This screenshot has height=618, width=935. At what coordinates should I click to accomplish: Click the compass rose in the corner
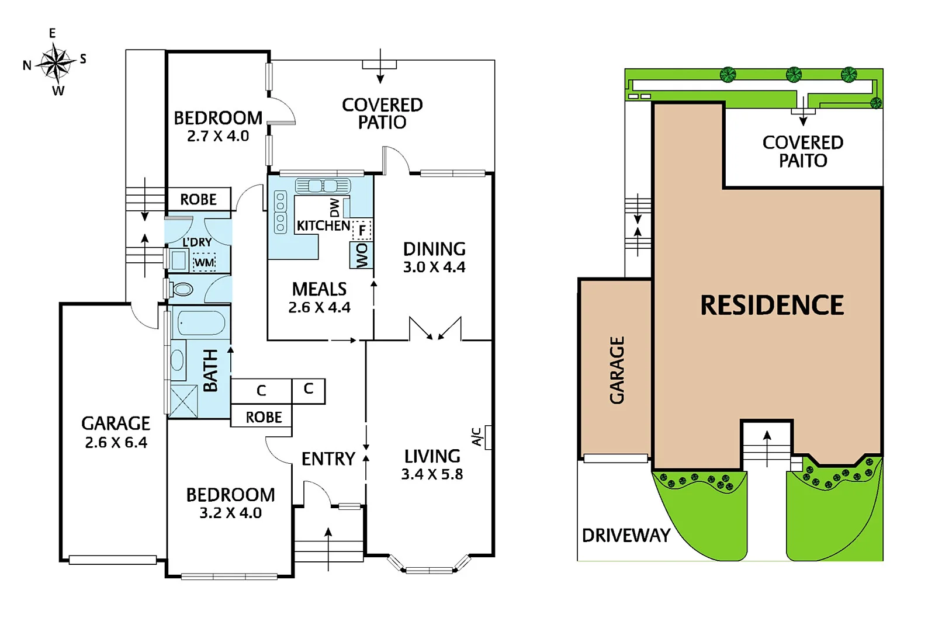click(56, 63)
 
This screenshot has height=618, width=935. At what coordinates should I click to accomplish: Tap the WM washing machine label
click(204, 262)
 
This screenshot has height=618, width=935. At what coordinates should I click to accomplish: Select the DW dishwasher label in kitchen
click(334, 207)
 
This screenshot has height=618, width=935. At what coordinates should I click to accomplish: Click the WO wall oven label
click(362, 255)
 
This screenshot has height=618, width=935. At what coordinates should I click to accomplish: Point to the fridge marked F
click(362, 230)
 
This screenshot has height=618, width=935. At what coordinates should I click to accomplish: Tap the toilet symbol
click(182, 289)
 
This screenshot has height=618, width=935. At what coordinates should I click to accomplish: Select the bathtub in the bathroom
click(200, 322)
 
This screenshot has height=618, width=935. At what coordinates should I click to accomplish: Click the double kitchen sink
click(323, 186)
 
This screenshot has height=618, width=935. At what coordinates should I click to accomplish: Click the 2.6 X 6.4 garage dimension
click(116, 443)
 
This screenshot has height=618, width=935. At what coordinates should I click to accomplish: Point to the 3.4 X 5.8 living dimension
click(432, 474)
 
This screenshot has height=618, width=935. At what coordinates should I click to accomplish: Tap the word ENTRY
click(328, 459)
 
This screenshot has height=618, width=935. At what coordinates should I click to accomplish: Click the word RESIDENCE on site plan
click(772, 305)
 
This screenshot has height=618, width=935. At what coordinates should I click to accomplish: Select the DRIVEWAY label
click(626, 535)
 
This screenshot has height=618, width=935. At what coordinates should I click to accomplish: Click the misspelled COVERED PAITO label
click(802, 151)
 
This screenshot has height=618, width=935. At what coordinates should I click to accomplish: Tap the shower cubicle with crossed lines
click(183, 401)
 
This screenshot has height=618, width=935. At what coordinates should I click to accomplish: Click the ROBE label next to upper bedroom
click(198, 200)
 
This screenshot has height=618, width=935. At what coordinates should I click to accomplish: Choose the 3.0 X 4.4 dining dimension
click(434, 268)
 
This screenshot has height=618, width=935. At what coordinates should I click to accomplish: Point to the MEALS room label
click(319, 289)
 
